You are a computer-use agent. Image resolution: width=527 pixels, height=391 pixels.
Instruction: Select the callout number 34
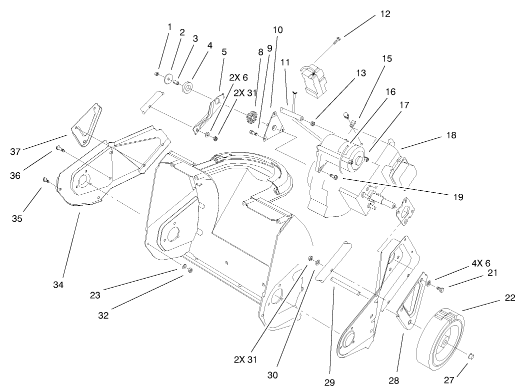(x=59, y=285)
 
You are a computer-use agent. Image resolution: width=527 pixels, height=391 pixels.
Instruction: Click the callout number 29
(x=329, y=383)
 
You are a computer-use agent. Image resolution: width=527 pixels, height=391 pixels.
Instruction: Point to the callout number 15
(x=386, y=58)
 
